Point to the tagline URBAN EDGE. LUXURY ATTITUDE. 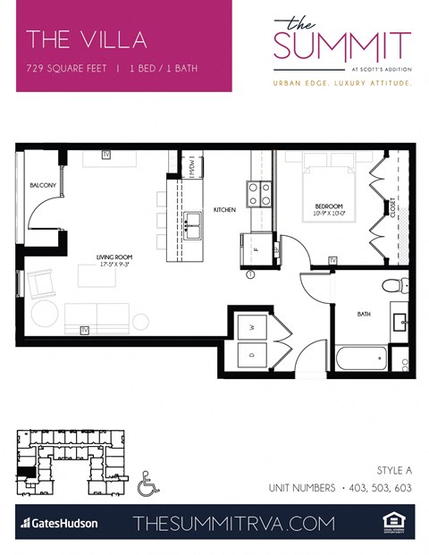pos(342,82)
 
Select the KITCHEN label pos(223,210)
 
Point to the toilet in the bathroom pos(391,286)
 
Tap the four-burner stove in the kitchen pos(259,195)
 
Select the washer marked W pos(253,326)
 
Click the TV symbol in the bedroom pos(332,260)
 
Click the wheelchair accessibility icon pos(149,484)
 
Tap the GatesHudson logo pos(59,523)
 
